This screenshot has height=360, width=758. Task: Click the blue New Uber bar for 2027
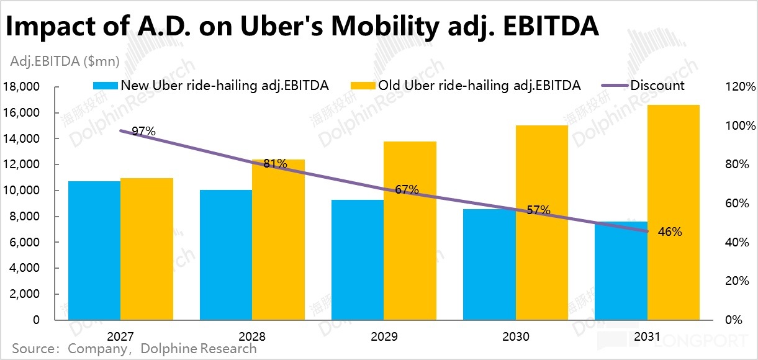pos(94,251)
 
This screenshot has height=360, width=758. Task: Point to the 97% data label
pos(144,132)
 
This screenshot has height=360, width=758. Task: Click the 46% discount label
pos(670,232)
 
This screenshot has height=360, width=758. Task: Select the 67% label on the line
pos(407,189)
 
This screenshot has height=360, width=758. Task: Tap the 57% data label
pos(539,210)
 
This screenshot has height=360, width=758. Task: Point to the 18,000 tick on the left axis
pos(22,87)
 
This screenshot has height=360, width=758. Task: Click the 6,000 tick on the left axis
pos(26,243)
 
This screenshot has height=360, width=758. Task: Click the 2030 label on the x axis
pos(517,336)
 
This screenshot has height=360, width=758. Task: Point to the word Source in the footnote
pos(33,348)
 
